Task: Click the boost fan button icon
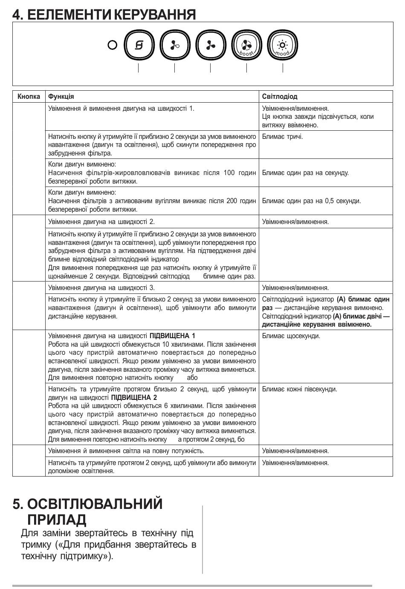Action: pos(246,45)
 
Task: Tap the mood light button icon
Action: pos(283,45)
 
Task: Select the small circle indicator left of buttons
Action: pos(113,45)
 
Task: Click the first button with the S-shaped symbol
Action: pos(139,45)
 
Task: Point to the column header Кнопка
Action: pos(29,97)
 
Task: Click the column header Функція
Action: pos(61,97)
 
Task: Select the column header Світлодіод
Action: pos(280,97)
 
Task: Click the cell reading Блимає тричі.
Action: pos(282,137)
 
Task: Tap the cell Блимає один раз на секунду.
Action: pos(305,173)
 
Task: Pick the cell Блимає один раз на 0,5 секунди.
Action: pos(311,201)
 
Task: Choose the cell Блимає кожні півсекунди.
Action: pos(299,389)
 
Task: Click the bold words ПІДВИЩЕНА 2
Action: pos(134,398)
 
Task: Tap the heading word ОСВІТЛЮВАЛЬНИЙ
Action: pos(95,504)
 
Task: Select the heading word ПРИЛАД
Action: pos(57,520)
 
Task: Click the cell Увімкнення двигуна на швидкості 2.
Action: pos(101,222)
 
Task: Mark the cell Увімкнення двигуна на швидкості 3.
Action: pos(101,288)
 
